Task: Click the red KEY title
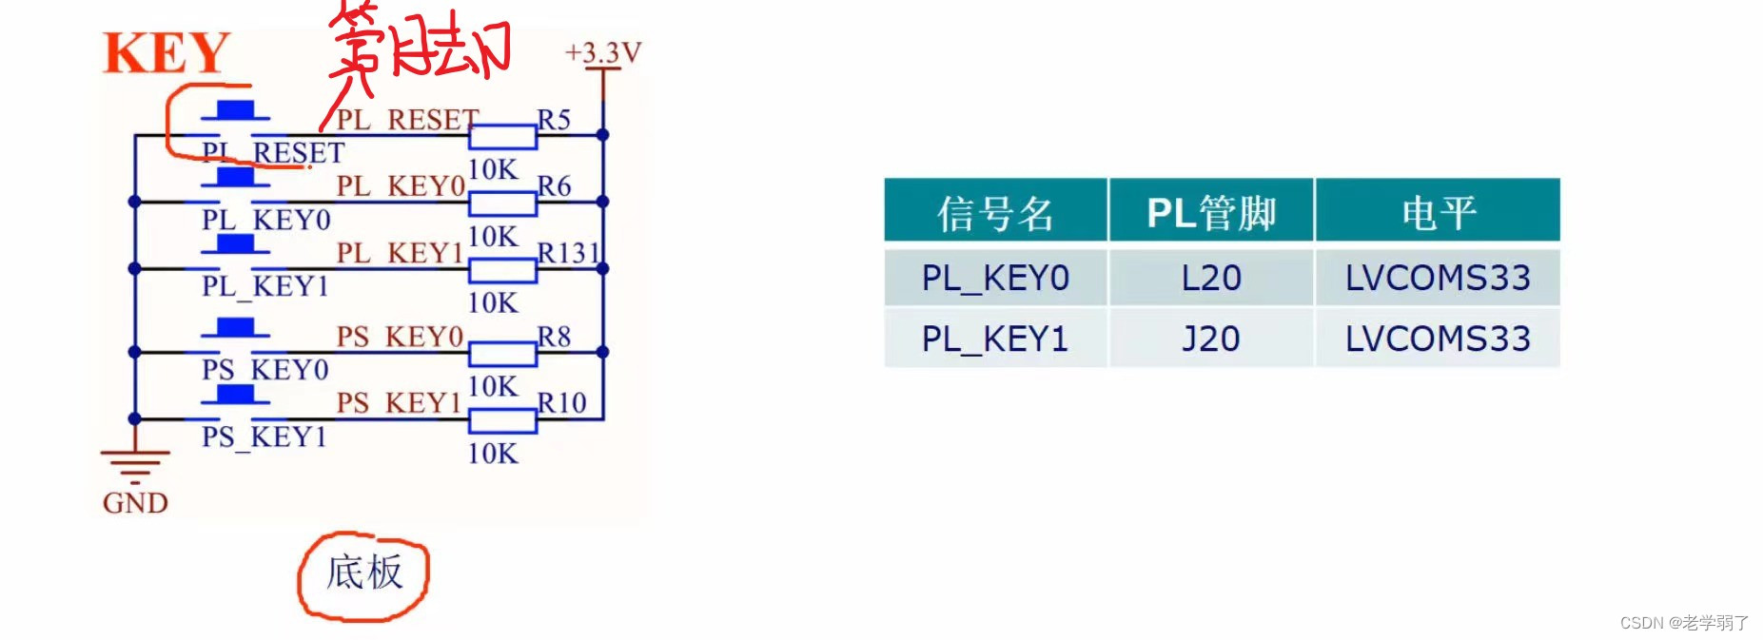click(x=167, y=53)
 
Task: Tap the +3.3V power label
click(x=603, y=52)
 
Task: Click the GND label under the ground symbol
click(x=135, y=502)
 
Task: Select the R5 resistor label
click(x=554, y=120)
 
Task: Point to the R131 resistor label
click(x=568, y=253)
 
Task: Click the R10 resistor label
click(x=561, y=403)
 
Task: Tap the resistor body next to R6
click(x=502, y=203)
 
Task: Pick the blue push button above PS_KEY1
click(x=235, y=395)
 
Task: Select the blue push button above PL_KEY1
click(x=235, y=244)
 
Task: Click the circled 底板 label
click(x=364, y=573)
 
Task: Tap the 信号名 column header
click(x=995, y=212)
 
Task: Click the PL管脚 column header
click(x=1210, y=212)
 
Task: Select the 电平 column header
click(x=1438, y=212)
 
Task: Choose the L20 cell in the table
click(x=1210, y=278)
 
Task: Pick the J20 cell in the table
click(x=1210, y=339)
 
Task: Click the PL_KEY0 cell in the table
click(x=995, y=278)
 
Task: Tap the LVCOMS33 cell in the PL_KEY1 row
click(x=1438, y=339)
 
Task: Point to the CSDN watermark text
click(x=1684, y=623)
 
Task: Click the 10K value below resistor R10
click(x=493, y=454)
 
